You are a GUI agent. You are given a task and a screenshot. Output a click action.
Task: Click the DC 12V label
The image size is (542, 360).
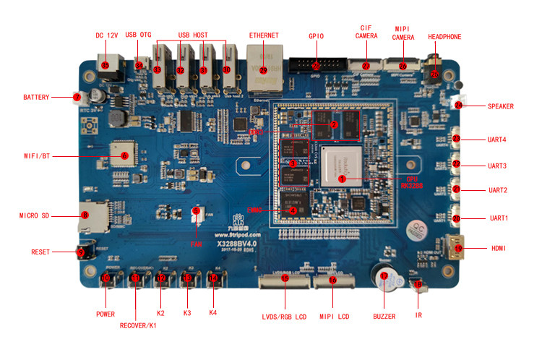pyautogui.click(x=106, y=34)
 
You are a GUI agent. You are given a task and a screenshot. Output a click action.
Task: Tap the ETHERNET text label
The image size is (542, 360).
pyautogui.click(x=263, y=35)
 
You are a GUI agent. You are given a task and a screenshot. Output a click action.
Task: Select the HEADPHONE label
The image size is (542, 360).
pyautogui.click(x=444, y=37)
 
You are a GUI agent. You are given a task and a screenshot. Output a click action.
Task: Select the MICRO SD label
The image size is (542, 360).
pyautogui.click(x=33, y=215)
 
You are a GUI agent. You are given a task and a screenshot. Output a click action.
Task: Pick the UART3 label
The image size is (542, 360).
pyautogui.click(x=496, y=166)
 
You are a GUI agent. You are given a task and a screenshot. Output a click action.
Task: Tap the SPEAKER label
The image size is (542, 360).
pyautogui.click(x=500, y=106)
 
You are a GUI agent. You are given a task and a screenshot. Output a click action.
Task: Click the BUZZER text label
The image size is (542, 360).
pyautogui.click(x=384, y=316)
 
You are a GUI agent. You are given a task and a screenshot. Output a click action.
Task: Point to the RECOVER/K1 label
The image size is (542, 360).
pyautogui.click(x=138, y=325)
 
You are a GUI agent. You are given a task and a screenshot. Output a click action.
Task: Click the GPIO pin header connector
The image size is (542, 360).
pyautogui.click(x=316, y=64)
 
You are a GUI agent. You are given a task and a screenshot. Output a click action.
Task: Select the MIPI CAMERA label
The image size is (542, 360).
pyautogui.click(x=403, y=32)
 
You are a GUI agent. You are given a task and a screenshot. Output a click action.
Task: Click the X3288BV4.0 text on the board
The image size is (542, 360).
pyautogui.click(x=236, y=244)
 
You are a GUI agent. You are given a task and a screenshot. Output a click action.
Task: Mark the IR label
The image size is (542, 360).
pyautogui.click(x=418, y=316)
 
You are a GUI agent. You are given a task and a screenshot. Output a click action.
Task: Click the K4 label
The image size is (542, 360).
pyautogui.click(x=212, y=313)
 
